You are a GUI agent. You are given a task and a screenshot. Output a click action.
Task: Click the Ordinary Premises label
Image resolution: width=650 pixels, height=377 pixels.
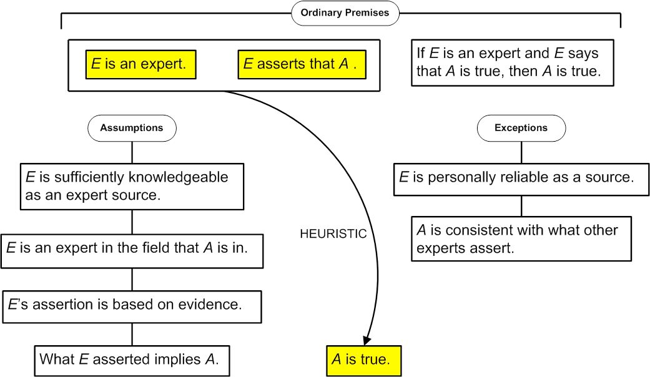(x=345, y=13)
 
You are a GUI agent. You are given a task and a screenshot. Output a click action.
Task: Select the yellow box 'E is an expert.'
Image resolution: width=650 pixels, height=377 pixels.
(x=141, y=65)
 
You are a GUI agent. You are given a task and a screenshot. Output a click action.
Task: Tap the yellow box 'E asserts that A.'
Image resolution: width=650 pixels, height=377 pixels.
(x=302, y=65)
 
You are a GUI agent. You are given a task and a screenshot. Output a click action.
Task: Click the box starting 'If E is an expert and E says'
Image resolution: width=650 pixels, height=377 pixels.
(x=513, y=62)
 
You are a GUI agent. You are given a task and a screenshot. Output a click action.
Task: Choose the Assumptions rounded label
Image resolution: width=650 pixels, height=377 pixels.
(x=132, y=128)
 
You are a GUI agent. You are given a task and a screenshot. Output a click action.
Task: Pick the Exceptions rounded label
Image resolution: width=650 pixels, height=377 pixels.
(x=521, y=128)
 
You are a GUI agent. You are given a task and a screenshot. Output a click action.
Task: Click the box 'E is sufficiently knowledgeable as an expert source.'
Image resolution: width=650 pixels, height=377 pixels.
(x=132, y=187)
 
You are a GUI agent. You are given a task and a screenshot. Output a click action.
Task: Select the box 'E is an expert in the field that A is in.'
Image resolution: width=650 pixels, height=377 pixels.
(x=132, y=251)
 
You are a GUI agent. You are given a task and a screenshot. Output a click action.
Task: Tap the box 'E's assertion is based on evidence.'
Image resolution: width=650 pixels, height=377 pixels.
(x=132, y=306)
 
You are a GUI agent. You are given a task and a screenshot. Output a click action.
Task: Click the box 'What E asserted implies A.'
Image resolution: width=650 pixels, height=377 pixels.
(x=132, y=361)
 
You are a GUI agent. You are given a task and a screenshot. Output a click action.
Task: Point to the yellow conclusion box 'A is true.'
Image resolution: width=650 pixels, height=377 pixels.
(x=363, y=361)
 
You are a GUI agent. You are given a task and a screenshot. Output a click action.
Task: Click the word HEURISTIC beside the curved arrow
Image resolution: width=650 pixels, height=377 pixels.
(x=333, y=233)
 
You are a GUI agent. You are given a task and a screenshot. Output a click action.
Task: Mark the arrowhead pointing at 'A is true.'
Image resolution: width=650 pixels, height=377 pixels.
(x=367, y=339)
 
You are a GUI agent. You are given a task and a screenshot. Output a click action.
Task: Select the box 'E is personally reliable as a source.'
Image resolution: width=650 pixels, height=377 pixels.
(x=521, y=179)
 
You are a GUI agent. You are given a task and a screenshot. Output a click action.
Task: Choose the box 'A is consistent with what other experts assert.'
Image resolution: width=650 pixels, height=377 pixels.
(x=521, y=238)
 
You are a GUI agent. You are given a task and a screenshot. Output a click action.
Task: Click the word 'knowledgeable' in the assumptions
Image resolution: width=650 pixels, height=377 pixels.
(x=179, y=177)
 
